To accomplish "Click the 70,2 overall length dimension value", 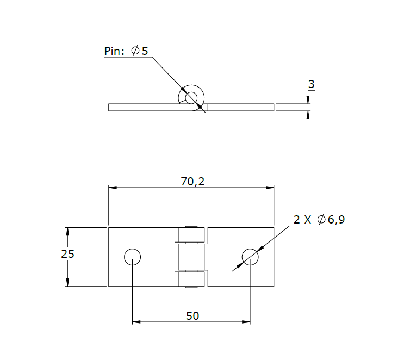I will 192,182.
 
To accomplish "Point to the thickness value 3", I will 311,84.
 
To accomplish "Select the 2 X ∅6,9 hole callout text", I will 319,220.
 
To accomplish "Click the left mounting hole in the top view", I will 132,256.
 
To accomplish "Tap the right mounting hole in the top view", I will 250,256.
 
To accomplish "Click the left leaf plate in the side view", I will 144,107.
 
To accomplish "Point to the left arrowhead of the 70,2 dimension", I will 113,188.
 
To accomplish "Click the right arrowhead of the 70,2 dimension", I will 270,188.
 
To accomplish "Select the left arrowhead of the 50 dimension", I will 136,322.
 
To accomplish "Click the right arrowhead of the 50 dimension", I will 246,322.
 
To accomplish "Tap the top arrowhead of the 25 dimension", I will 67,231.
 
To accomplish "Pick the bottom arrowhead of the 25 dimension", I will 67,282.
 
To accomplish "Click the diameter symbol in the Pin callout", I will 135,51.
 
